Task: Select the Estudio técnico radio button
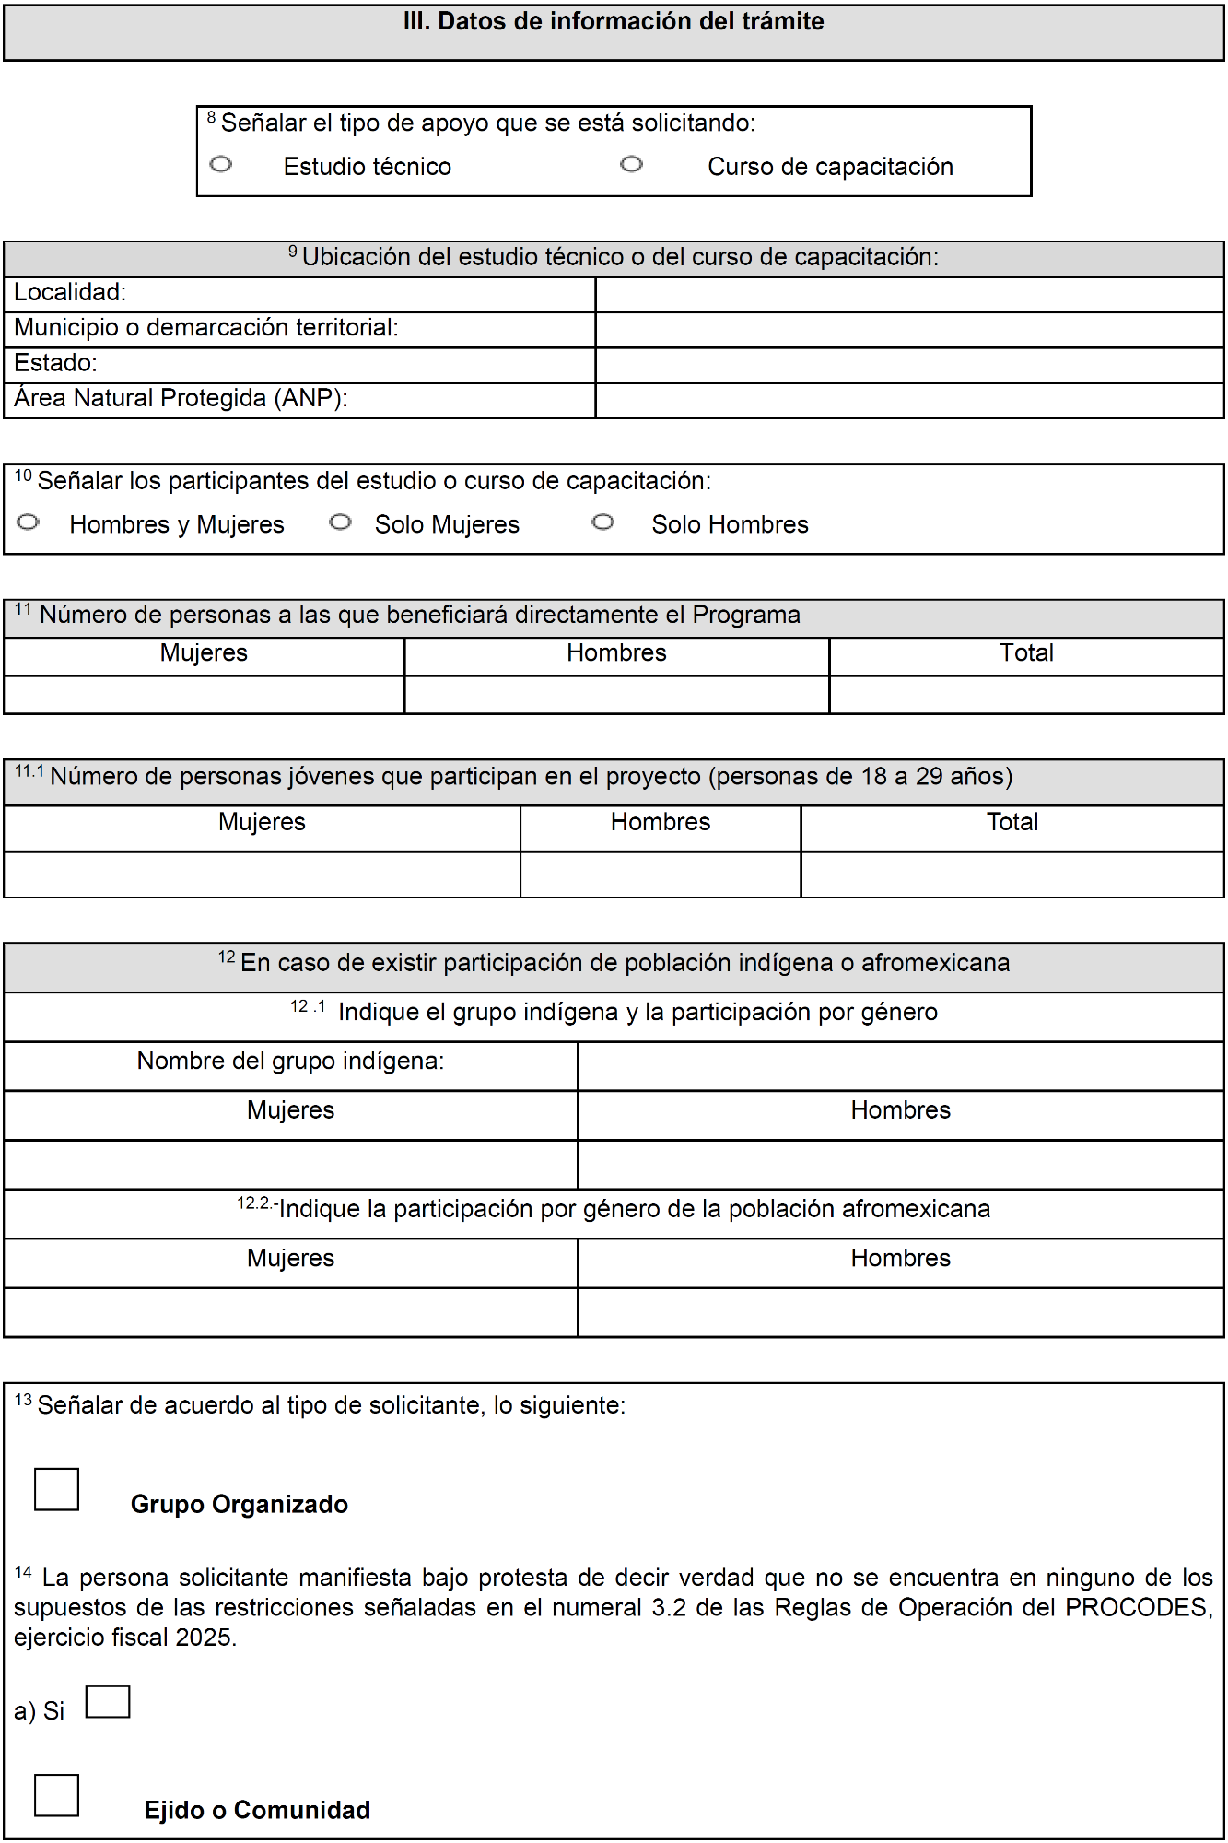pyautogui.click(x=221, y=165)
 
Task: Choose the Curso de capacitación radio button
pyautogui.click(x=631, y=165)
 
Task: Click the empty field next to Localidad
pyautogui.click(x=909, y=295)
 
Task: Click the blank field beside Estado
pyautogui.click(x=909, y=365)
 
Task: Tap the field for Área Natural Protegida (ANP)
pyautogui.click(x=909, y=401)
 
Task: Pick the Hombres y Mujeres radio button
pyautogui.click(x=29, y=522)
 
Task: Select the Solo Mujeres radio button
pyautogui.click(x=341, y=522)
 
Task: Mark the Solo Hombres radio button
pyautogui.click(x=603, y=522)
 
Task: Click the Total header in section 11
pyautogui.click(x=1026, y=653)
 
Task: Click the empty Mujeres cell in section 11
pyautogui.click(x=204, y=695)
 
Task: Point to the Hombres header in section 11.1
pyautogui.click(x=661, y=822)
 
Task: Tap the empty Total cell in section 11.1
pyautogui.click(x=1012, y=875)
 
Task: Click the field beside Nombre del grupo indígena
pyautogui.click(x=900, y=1066)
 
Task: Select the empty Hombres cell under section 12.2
pyautogui.click(x=900, y=1312)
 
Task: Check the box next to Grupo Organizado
pyautogui.click(x=56, y=1489)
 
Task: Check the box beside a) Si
pyautogui.click(x=108, y=1702)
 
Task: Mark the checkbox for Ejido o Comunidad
pyautogui.click(x=56, y=1795)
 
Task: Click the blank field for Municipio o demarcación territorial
pyautogui.click(x=909, y=330)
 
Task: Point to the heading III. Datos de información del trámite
pyautogui.click(x=614, y=22)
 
